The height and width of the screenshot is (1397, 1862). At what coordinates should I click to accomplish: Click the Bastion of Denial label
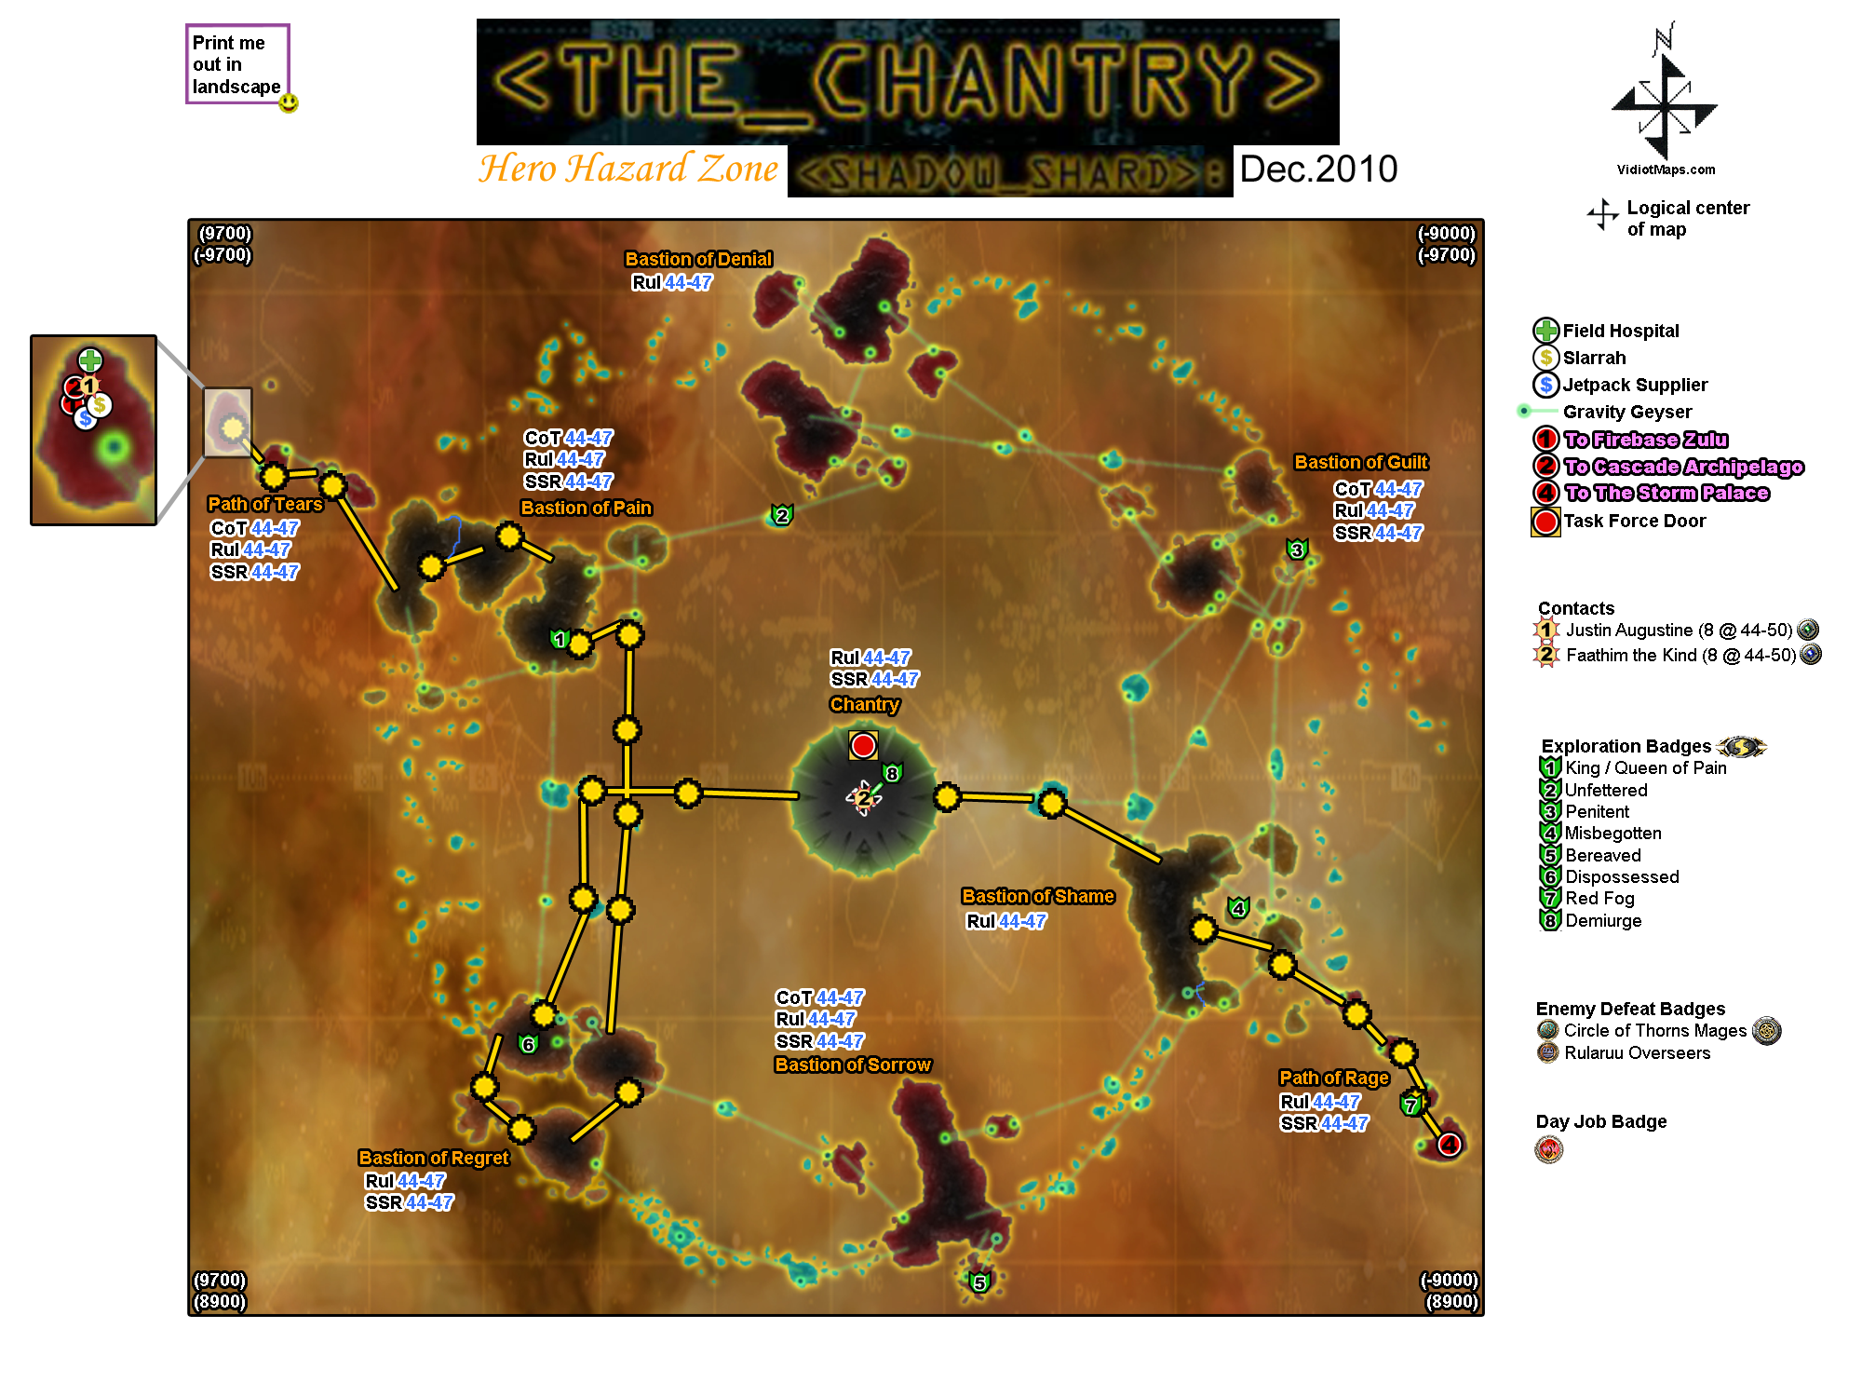point(698,259)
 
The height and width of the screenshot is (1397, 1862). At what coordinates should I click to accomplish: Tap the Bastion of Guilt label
point(1360,462)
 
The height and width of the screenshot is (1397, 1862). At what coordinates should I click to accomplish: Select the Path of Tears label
point(264,504)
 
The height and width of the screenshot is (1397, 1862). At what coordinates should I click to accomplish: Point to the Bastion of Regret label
point(434,1158)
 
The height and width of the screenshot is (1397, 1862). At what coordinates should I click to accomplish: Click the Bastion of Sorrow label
point(852,1065)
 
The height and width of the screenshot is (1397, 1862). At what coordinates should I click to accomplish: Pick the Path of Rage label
point(1333,1078)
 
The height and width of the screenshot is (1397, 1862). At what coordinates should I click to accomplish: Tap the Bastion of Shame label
point(1037,896)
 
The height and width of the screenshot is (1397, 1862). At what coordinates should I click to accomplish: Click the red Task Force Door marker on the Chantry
point(863,745)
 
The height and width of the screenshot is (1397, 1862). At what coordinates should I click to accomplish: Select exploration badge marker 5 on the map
point(978,1282)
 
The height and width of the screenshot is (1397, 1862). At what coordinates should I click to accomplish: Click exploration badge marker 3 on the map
point(1296,549)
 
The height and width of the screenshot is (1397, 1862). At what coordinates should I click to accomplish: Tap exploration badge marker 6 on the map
point(528,1044)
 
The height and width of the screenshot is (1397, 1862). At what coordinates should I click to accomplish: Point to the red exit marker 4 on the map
point(1449,1144)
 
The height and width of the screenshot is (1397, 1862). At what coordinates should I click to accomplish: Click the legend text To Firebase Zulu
point(1645,440)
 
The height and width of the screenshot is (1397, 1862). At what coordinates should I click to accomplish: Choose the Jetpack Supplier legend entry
point(1635,385)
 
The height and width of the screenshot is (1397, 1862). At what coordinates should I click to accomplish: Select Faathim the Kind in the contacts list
point(1634,655)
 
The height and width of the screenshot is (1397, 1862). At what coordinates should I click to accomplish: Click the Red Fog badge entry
point(1599,899)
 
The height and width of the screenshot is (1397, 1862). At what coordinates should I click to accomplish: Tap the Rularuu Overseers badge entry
point(1637,1053)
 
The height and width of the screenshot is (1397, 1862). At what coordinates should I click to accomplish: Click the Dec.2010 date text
point(1318,170)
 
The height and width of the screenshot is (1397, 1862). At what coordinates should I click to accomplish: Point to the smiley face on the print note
point(289,102)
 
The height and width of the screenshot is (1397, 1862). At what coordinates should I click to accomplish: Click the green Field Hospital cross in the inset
point(90,359)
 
